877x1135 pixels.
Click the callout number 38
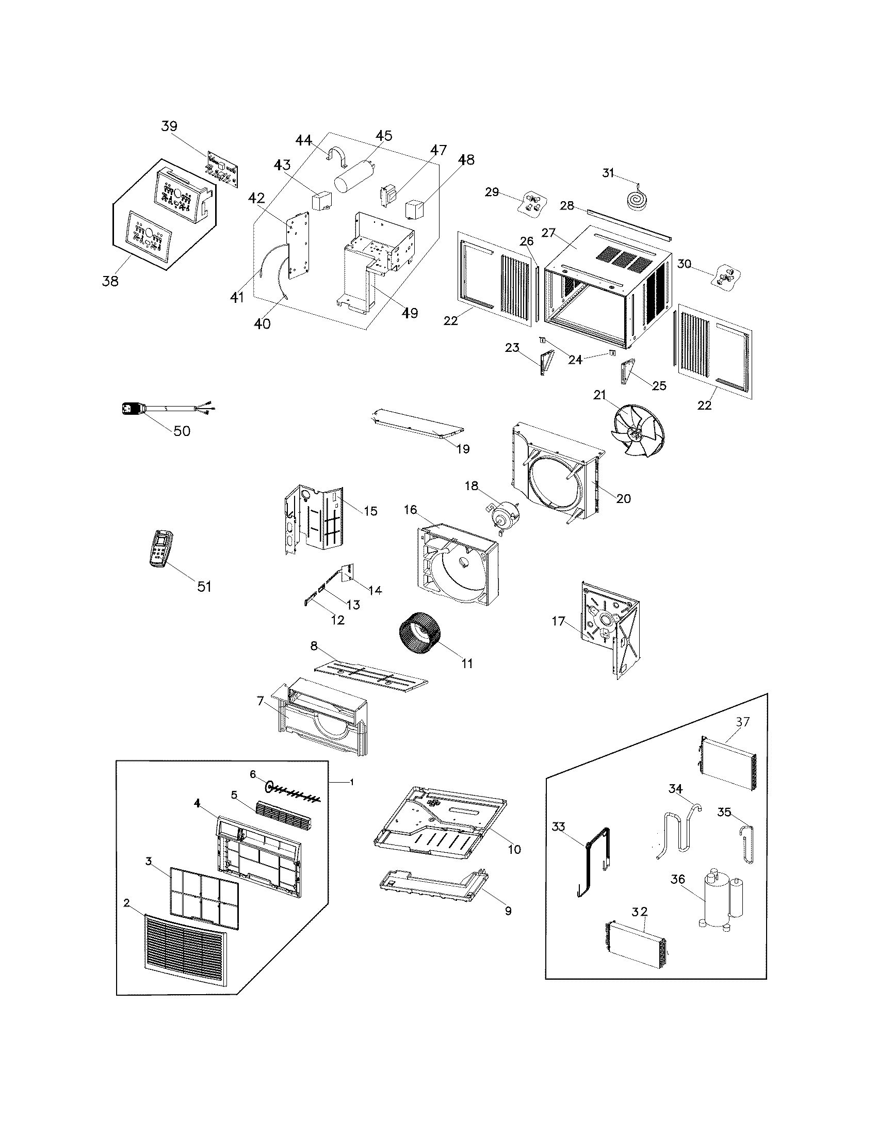pyautogui.click(x=110, y=281)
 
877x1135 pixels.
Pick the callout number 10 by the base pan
pyautogui.click(x=514, y=849)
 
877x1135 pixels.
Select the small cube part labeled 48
pyautogui.click(x=416, y=209)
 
